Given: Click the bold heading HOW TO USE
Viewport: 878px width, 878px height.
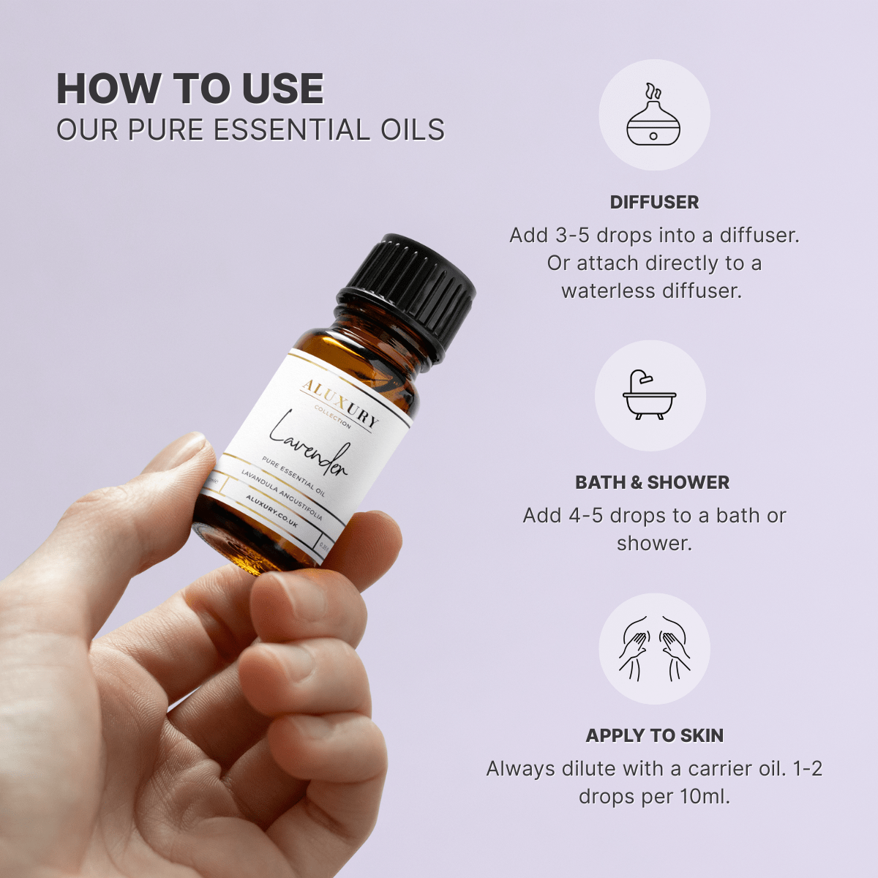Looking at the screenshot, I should pyautogui.click(x=190, y=89).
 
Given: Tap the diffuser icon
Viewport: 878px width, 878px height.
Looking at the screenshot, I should pyautogui.click(x=653, y=116).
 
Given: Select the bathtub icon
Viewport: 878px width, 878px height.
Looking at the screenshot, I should pyautogui.click(x=650, y=395).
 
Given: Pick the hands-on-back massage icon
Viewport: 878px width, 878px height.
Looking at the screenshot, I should pyautogui.click(x=654, y=648).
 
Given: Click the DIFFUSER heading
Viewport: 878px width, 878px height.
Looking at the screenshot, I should pyautogui.click(x=654, y=203).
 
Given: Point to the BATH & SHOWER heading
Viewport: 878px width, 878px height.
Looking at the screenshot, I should pyautogui.click(x=652, y=483).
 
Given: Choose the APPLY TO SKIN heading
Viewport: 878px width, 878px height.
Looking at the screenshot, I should pyautogui.click(x=654, y=736).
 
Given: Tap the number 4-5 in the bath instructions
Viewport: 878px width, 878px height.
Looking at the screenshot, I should pyautogui.click(x=586, y=516).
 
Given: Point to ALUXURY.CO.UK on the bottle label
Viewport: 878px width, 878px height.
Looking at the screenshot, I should pyautogui.click(x=271, y=511).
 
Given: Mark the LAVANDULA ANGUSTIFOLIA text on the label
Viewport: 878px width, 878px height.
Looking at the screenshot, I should pyautogui.click(x=282, y=495).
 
